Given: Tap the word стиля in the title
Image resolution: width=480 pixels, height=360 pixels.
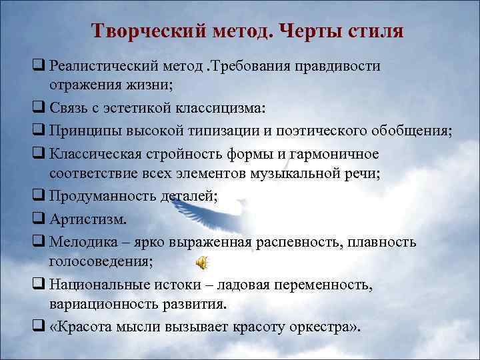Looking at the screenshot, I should click(x=374, y=31).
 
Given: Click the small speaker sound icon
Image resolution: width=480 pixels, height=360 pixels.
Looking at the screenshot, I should click(x=201, y=263).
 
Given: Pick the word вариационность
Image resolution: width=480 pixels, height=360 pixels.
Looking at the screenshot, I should click(x=103, y=304).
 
